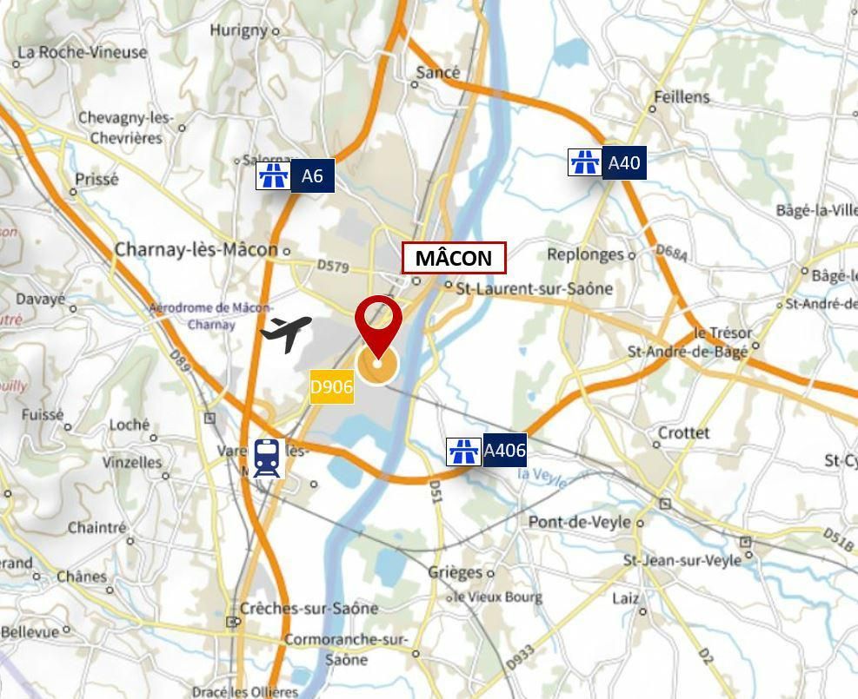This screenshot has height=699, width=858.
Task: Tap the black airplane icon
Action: tap(286, 333)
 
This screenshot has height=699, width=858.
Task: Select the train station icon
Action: tap(267, 458)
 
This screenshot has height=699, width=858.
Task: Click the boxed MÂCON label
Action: tap(453, 258)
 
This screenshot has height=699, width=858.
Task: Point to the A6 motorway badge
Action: tap(296, 176)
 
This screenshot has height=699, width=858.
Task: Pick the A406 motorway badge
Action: tap(487, 451)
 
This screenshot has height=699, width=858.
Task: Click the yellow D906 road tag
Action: tap(331, 386)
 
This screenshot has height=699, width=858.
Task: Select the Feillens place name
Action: tap(682, 96)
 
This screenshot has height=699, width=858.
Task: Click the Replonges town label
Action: tap(585, 254)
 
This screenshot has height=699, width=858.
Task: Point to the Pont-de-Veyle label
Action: tap(580, 522)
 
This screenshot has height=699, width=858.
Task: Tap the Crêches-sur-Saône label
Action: tap(309, 608)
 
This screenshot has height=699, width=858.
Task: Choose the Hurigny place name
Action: tap(238, 30)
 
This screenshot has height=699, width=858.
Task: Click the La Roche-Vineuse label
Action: tap(82, 52)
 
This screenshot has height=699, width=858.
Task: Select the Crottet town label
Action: tap(683, 432)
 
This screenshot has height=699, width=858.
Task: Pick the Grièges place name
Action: tap(455, 572)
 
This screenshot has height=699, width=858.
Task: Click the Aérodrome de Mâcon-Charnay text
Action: tap(210, 316)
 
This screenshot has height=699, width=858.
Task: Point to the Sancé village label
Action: tap(437, 73)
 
